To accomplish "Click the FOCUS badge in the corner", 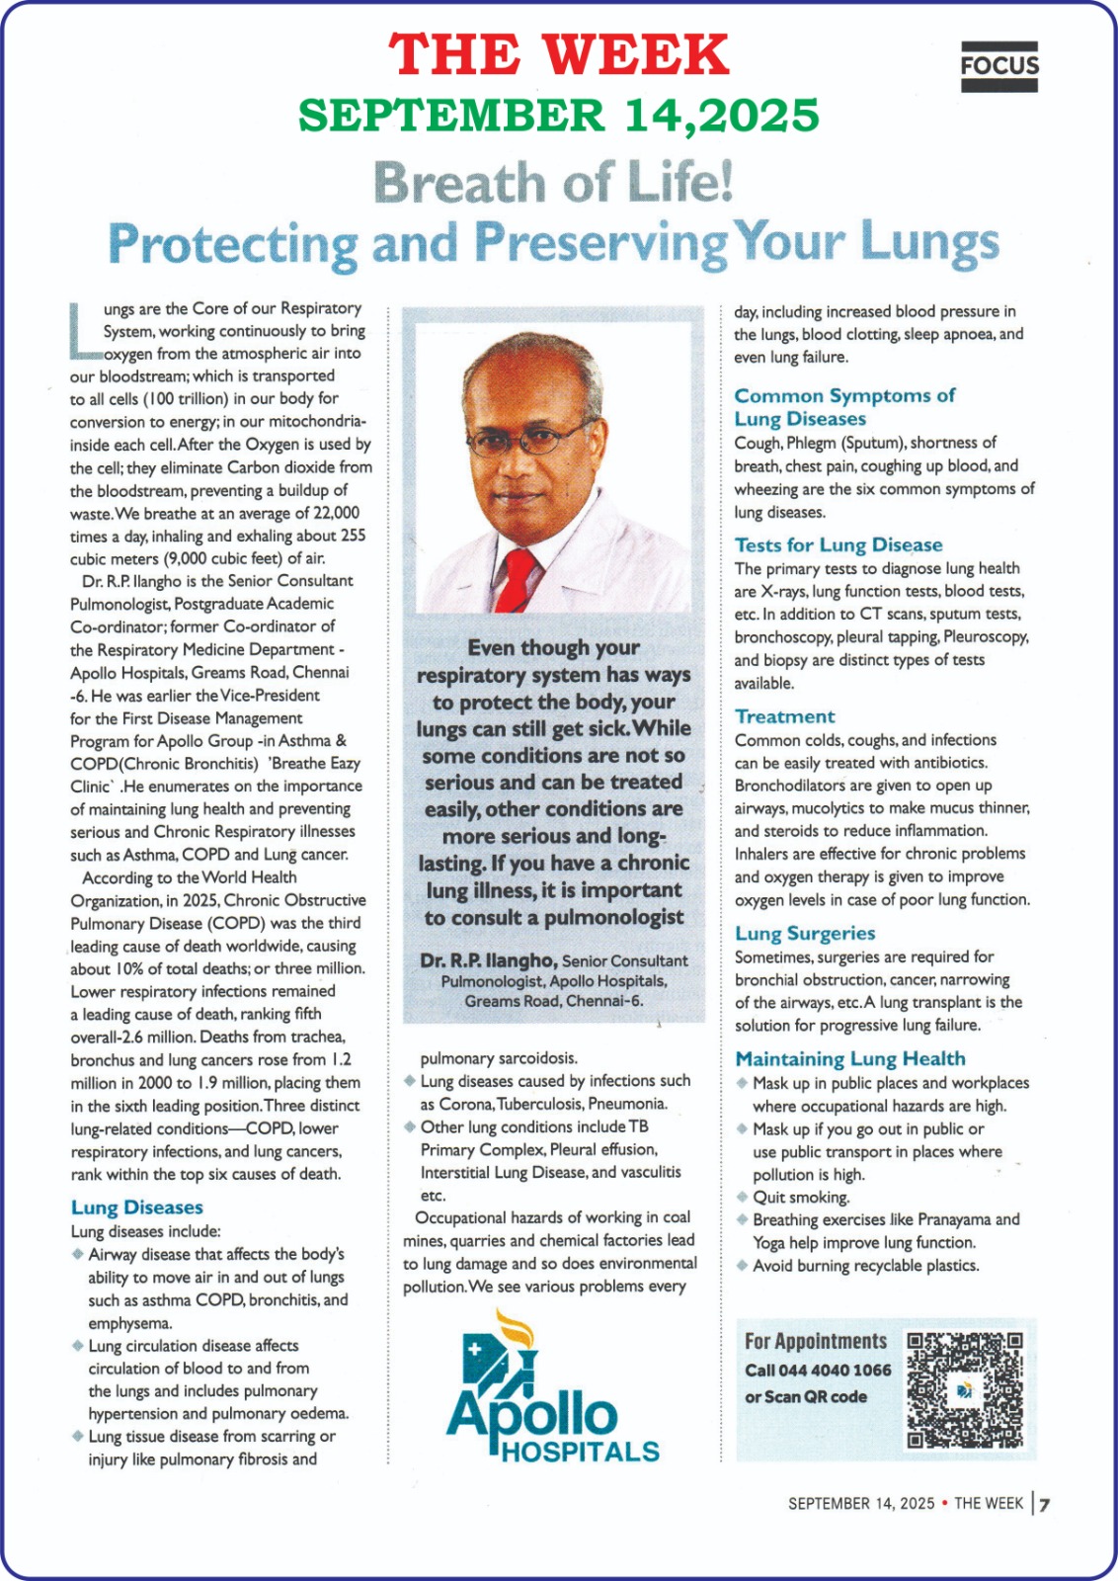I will [998, 66].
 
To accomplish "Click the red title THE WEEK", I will [558, 55].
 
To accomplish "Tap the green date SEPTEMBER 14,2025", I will [558, 116].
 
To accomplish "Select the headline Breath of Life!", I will [553, 183].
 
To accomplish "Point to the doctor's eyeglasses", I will [531, 440].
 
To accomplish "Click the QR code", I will [964, 1389].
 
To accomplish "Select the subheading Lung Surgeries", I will [805, 934].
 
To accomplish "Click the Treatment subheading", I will [784, 716].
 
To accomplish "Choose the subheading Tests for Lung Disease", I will [838, 544].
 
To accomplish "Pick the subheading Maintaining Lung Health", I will [849, 1059].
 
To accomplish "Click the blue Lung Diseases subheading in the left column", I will [136, 1207].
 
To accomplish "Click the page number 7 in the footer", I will [1044, 1504].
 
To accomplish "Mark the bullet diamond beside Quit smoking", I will [742, 1197].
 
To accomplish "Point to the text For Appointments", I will [816, 1341].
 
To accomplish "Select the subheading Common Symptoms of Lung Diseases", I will [843, 407].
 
